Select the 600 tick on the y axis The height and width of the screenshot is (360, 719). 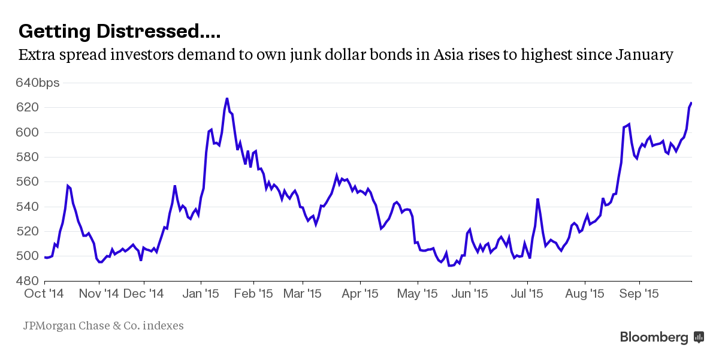pyautogui.click(x=30, y=132)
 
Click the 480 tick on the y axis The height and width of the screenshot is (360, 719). pyautogui.click(x=30, y=281)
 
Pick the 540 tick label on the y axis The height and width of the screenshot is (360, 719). pyautogui.click(x=30, y=207)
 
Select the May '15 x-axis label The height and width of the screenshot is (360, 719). pyautogui.click(x=418, y=294)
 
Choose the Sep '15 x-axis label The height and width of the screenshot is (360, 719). pyautogui.click(x=639, y=294)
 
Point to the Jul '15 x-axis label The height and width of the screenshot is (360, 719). pyautogui.click(x=527, y=294)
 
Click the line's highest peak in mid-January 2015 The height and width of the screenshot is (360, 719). pyautogui.click(x=227, y=98)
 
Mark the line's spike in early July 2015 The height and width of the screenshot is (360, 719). pyautogui.click(x=538, y=199)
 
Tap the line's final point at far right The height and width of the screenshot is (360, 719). pyautogui.click(x=691, y=103)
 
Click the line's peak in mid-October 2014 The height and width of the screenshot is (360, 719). pyautogui.click(x=68, y=186)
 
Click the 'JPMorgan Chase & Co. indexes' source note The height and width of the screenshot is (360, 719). pyautogui.click(x=103, y=326)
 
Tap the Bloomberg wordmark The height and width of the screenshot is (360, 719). pyautogui.click(x=654, y=337)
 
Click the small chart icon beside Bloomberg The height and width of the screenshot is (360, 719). pyautogui.click(x=699, y=337)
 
